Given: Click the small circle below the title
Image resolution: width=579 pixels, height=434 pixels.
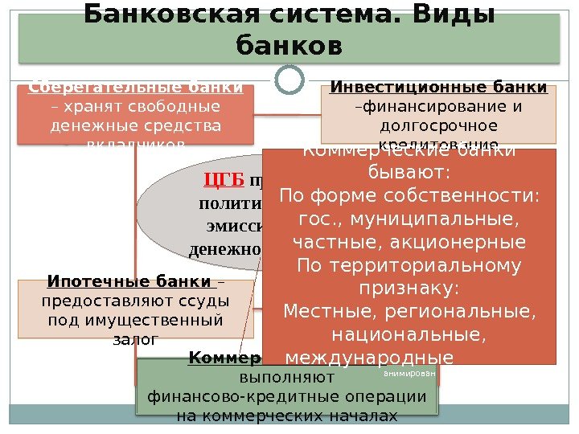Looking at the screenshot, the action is click(x=289, y=79).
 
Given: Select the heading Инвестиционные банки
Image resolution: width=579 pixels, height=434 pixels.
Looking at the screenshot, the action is click(x=439, y=88).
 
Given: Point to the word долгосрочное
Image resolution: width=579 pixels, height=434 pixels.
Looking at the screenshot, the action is click(x=439, y=126).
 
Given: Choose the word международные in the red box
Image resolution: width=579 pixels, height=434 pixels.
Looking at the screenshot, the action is click(x=369, y=356).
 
